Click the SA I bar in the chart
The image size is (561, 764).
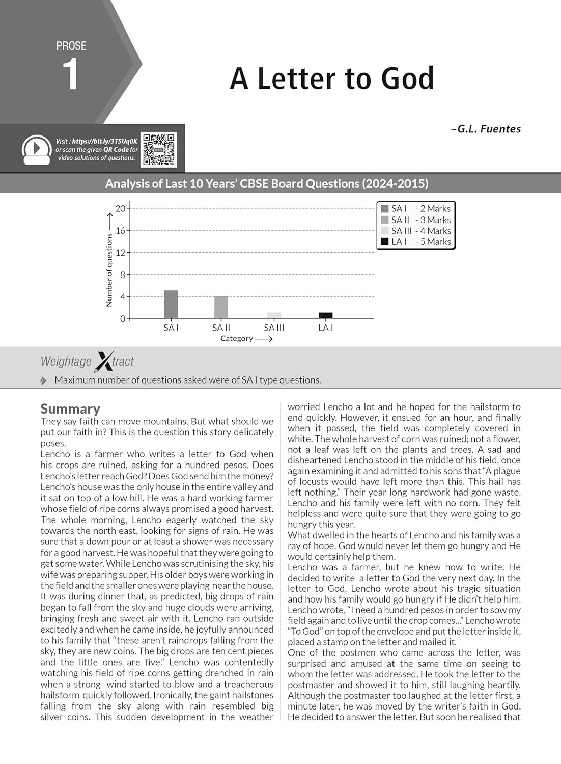[x=171, y=305]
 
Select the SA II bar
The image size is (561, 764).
[x=221, y=307]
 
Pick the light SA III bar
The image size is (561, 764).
[x=274, y=315]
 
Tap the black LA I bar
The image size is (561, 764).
[x=325, y=315]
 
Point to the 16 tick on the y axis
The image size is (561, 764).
[x=120, y=230]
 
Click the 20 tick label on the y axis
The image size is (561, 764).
[x=120, y=208]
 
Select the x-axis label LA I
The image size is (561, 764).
[x=325, y=328]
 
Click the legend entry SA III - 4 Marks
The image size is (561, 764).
[x=416, y=231]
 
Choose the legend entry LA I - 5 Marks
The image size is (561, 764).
[x=416, y=242]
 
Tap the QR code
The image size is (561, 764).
[x=159, y=150]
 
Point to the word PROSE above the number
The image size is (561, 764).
[x=71, y=46]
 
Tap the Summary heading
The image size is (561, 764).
[x=70, y=409]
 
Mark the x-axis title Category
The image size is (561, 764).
[x=237, y=338]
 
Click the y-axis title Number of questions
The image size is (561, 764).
[x=109, y=270]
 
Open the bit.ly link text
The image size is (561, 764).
[x=104, y=141]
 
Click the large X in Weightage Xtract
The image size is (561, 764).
[x=104, y=361]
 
